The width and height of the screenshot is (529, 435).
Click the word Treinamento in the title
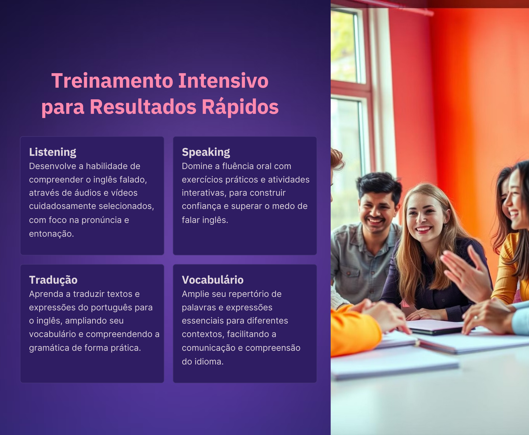pyautogui.click(x=112, y=81)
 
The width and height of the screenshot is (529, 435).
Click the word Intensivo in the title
pyautogui.click(x=224, y=81)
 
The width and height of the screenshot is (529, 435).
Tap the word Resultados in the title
pyautogui.click(x=143, y=107)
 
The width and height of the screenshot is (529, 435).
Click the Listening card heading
pyautogui.click(x=53, y=152)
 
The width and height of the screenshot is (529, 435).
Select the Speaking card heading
pyautogui.click(x=206, y=152)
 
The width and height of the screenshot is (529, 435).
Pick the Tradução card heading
pyautogui.click(x=53, y=280)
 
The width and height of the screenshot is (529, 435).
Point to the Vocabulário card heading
pyautogui.click(x=213, y=280)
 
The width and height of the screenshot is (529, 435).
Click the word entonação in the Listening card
pyautogui.click(x=51, y=234)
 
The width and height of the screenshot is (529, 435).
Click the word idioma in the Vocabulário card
pyautogui.click(x=209, y=361)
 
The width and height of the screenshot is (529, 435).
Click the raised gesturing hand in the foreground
pyautogui.click(x=466, y=272)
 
